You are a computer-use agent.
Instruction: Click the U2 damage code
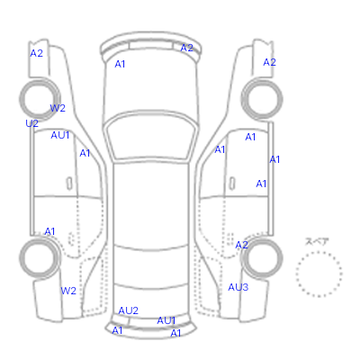(32, 123)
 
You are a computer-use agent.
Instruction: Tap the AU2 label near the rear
(129, 310)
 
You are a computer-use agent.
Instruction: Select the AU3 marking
(238, 287)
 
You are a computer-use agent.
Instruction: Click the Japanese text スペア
(317, 241)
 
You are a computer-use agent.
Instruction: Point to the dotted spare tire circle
(319, 252)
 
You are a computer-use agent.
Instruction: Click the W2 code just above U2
(58, 108)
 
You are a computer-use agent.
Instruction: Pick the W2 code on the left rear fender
(68, 291)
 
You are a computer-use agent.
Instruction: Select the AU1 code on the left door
(60, 135)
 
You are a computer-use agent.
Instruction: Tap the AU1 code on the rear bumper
(166, 320)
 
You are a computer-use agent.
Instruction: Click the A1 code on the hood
(120, 64)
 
